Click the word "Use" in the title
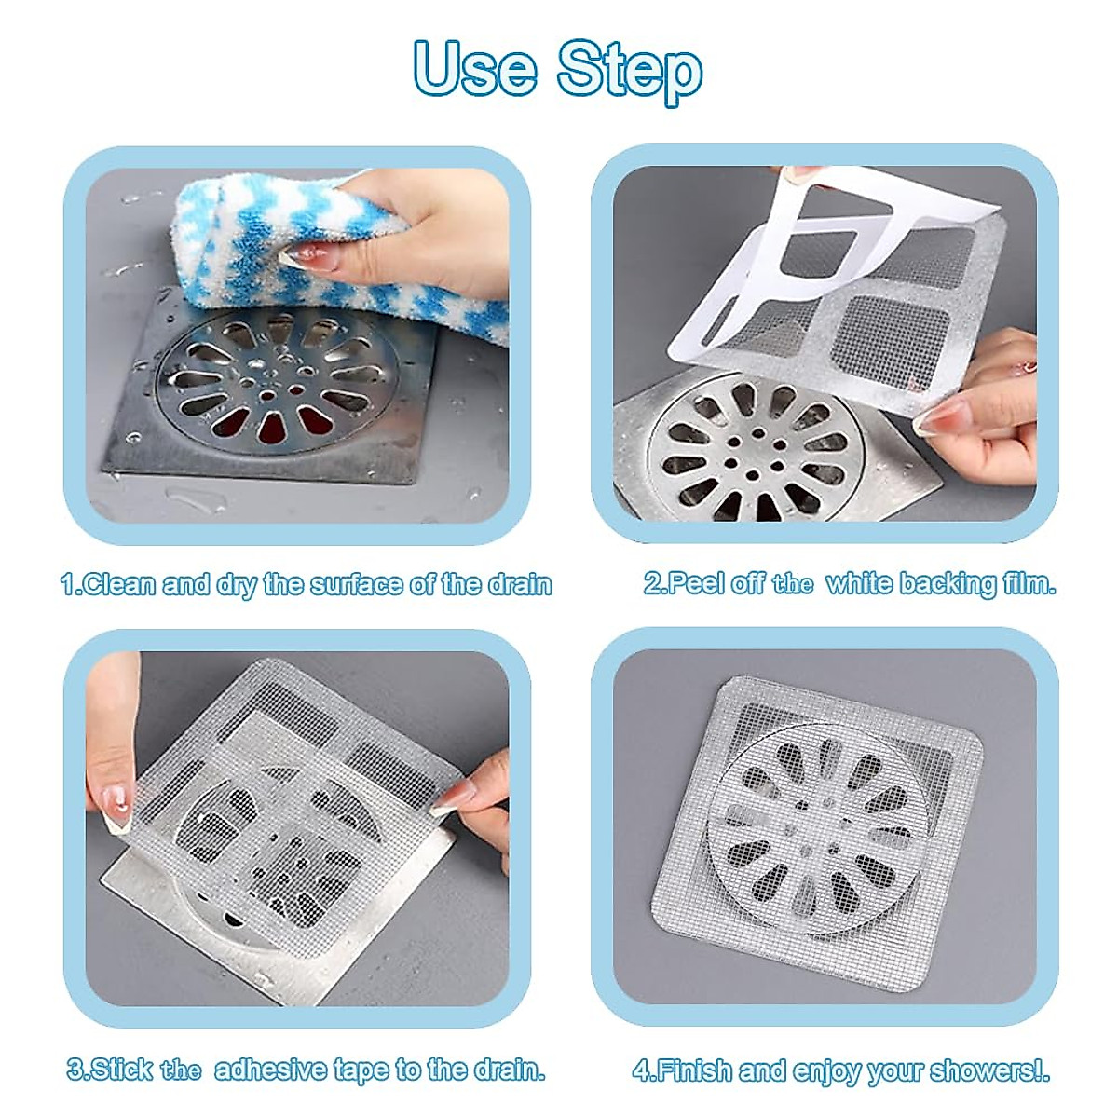[475, 68]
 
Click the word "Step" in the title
[630, 70]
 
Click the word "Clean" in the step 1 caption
[120, 585]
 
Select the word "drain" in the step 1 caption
[516, 585]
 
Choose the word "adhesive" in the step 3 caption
[270, 1070]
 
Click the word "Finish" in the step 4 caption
[695, 1070]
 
